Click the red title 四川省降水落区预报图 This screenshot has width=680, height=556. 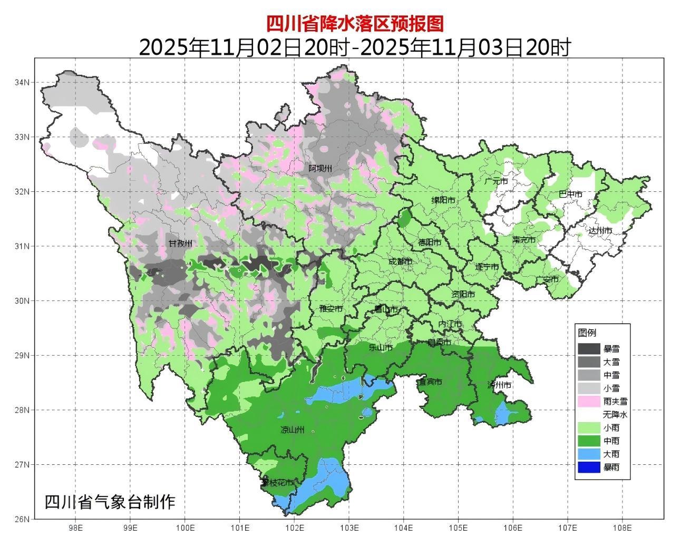(x=354, y=24)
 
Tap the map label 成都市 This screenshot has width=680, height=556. (x=400, y=261)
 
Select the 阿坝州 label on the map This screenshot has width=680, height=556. (x=320, y=168)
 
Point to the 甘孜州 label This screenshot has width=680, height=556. (x=180, y=244)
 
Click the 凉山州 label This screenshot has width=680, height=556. (x=293, y=430)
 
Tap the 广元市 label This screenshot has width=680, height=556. (x=496, y=181)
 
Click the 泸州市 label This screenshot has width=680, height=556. (x=499, y=385)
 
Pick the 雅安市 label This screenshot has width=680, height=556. (x=331, y=309)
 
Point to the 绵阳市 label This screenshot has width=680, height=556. (x=443, y=201)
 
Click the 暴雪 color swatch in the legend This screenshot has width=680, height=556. (x=589, y=349)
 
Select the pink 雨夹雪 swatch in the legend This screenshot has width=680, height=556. (x=589, y=402)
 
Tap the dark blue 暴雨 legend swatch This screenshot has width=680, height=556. (x=589, y=467)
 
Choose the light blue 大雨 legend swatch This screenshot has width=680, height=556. (x=589, y=454)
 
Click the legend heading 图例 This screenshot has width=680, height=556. (x=587, y=333)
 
